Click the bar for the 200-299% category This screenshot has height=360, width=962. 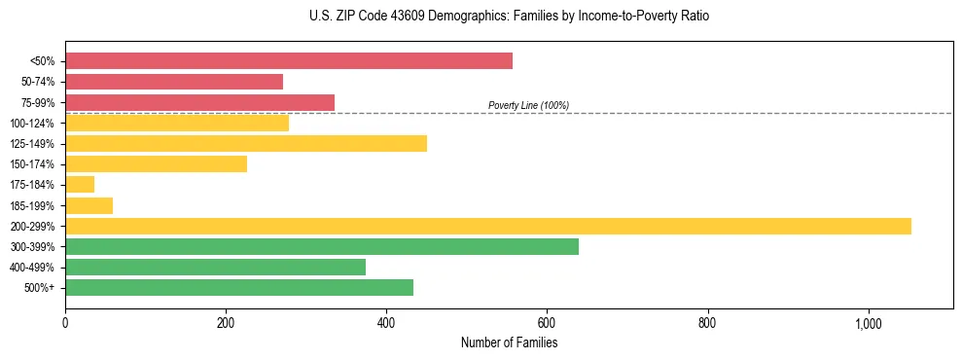coord(487,226)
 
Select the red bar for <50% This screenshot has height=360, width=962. coord(288,61)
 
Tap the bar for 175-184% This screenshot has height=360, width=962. coord(80,185)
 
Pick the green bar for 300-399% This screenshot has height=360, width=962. coord(321,246)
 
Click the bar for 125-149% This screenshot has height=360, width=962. coord(245,144)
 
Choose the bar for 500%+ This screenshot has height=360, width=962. coord(238,288)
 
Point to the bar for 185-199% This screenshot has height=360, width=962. coord(89,205)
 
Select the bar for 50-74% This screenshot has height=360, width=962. coord(173,82)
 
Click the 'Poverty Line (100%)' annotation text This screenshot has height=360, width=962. coord(528,105)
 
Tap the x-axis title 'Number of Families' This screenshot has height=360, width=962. coord(509,342)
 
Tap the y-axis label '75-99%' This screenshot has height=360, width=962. coord(38,103)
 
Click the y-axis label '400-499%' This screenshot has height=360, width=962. coord(34,268)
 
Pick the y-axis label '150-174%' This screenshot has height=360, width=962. coord(34,164)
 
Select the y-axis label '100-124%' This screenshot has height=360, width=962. coord(34,124)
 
